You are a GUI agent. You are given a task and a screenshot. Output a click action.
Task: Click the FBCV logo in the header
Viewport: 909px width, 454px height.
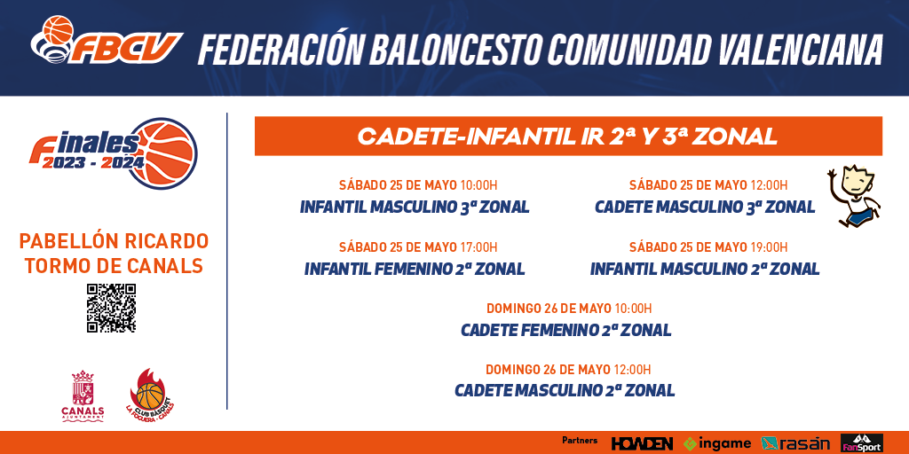click(107, 41)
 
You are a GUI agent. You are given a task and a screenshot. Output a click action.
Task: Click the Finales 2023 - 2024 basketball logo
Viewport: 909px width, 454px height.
click(114, 153)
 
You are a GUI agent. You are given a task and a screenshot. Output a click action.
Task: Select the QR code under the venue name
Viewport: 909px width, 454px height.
click(111, 308)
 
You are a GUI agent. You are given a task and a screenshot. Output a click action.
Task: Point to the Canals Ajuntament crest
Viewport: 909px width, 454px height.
click(83, 396)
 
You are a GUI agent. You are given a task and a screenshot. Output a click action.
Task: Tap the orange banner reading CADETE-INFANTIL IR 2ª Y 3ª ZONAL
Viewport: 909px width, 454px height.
click(568, 136)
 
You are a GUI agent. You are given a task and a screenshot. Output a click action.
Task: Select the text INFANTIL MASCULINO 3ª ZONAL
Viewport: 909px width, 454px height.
click(415, 207)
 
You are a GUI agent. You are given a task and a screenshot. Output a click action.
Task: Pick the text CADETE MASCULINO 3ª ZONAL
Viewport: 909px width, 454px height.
click(705, 207)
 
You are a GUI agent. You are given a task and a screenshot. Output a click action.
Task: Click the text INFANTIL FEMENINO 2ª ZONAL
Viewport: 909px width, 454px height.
click(415, 269)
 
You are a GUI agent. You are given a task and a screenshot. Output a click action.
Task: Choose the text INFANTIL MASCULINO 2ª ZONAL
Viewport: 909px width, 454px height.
click(705, 269)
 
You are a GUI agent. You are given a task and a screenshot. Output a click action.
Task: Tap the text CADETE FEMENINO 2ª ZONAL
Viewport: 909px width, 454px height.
click(565, 330)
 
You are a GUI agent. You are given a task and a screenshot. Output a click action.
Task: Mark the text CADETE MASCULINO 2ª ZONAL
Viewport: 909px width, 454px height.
click(565, 390)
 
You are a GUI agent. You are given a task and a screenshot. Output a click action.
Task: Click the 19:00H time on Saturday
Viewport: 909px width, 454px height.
click(769, 248)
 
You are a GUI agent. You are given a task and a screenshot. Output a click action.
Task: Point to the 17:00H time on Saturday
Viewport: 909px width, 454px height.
click(478, 248)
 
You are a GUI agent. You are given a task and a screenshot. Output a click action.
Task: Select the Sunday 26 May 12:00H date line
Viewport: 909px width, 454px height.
click(568, 370)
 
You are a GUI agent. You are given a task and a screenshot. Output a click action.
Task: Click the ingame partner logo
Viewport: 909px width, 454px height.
click(717, 443)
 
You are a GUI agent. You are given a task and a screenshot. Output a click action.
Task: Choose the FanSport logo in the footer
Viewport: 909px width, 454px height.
click(861, 443)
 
